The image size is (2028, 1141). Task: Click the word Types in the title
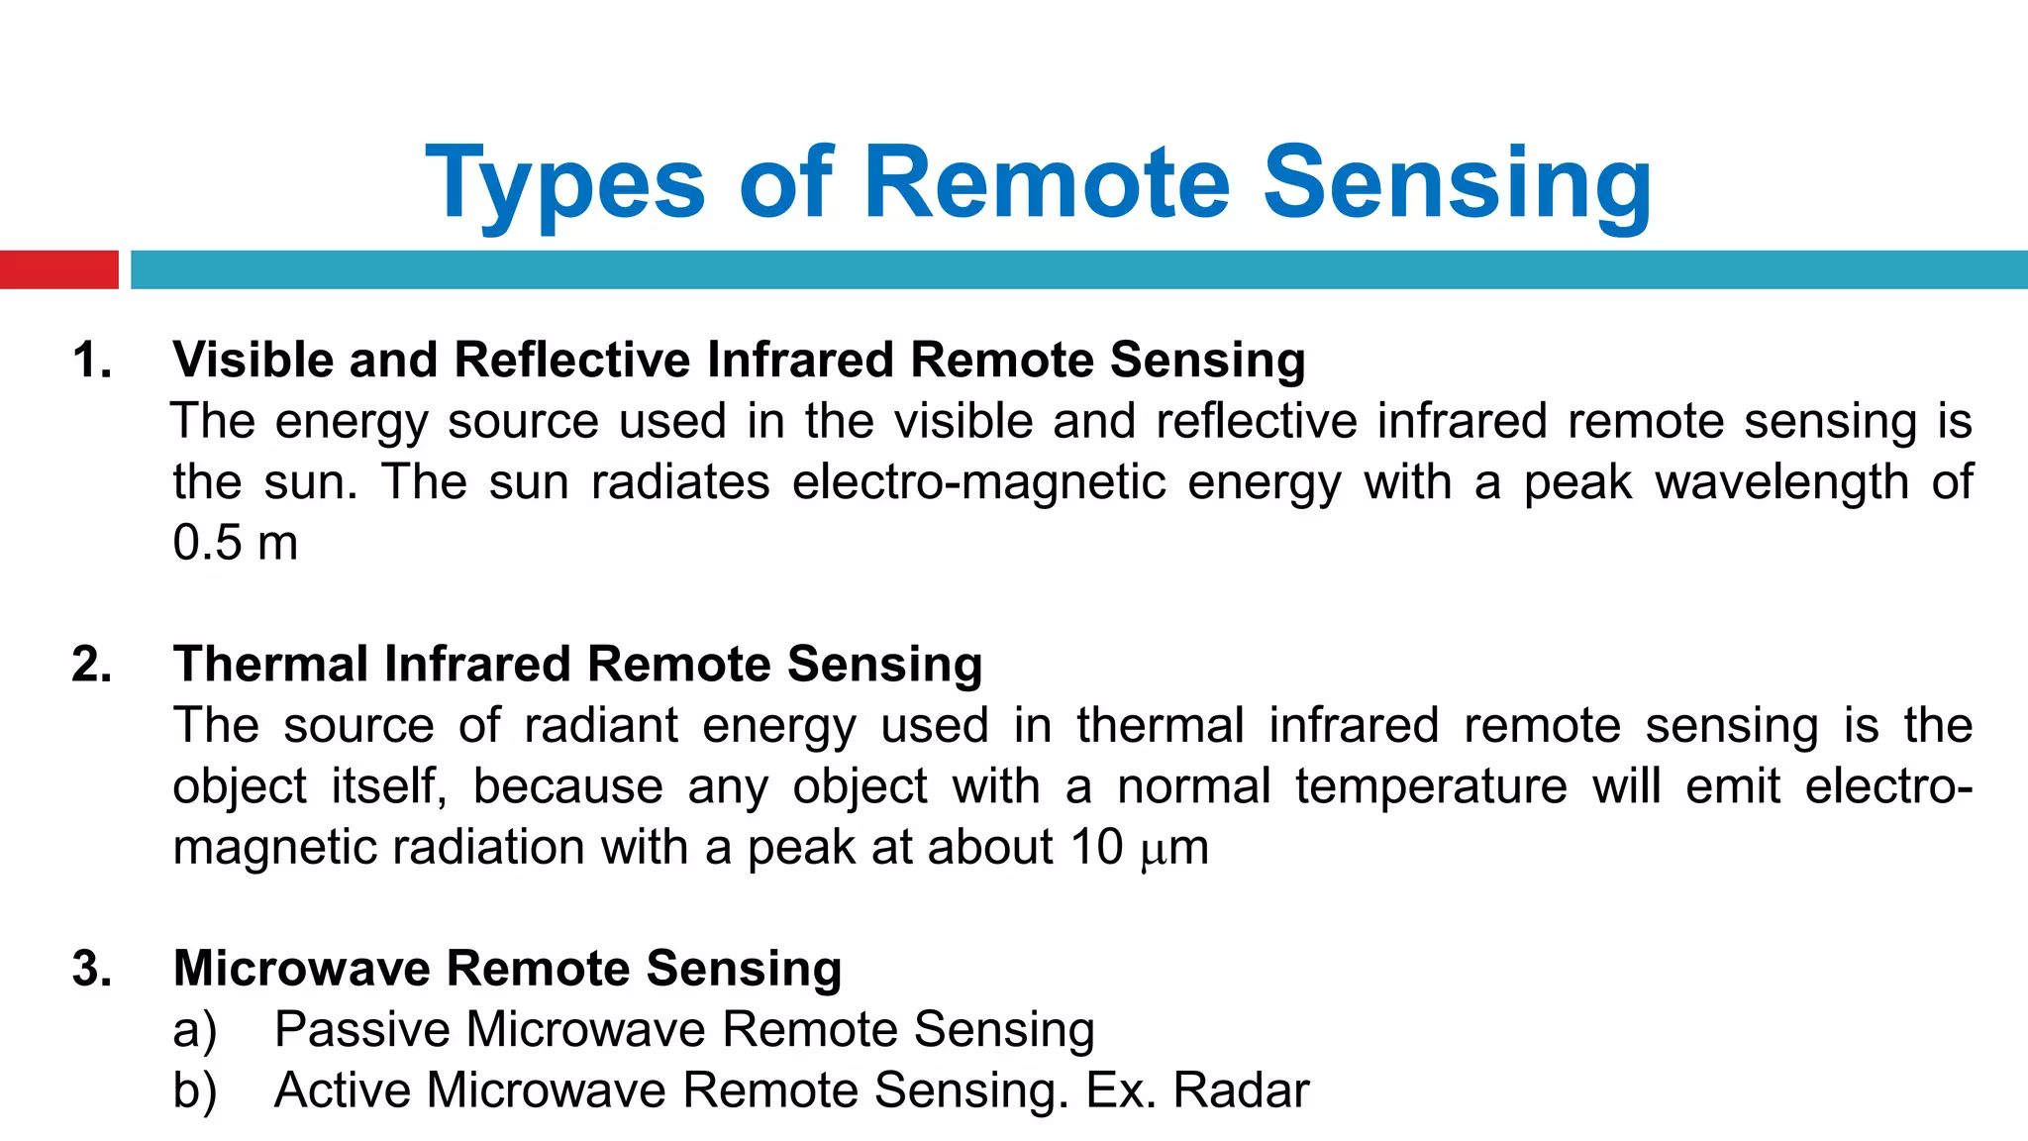tap(564, 185)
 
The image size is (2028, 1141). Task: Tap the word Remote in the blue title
tap(1047, 183)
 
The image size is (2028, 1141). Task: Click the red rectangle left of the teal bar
tap(58, 269)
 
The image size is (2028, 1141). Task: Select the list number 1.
tap(91, 361)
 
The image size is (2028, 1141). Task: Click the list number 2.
tap(91, 665)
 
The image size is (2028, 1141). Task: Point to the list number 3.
tap(91, 969)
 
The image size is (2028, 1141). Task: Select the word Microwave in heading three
tap(301, 969)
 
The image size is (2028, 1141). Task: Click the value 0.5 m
tap(235, 543)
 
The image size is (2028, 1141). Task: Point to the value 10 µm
tap(1140, 848)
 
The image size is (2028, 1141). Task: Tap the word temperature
tap(1431, 787)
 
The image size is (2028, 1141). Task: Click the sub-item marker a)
tap(194, 1030)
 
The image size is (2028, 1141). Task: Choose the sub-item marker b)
tap(194, 1091)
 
